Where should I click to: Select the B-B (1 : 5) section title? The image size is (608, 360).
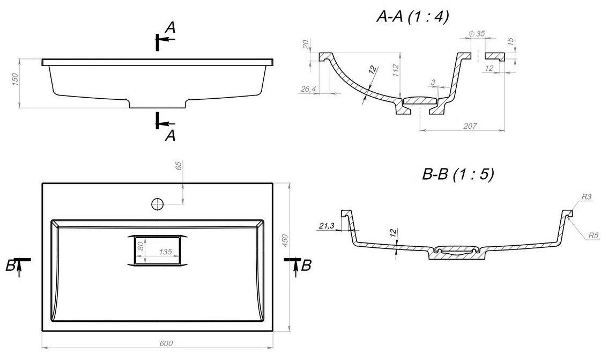(457, 174)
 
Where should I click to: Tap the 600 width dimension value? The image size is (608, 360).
(166, 343)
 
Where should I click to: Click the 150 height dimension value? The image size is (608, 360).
(15, 79)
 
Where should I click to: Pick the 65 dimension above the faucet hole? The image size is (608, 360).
(179, 166)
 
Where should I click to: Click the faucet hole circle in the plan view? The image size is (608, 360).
(157, 203)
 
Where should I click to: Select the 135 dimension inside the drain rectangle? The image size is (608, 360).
(165, 252)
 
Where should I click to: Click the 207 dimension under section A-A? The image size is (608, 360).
(470, 126)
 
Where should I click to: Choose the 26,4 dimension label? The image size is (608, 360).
(308, 90)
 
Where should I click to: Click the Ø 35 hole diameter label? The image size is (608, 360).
(477, 34)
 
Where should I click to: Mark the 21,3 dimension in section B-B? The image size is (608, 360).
(327, 226)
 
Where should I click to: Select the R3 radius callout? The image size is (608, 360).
(587, 197)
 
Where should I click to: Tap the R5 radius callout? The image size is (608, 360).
(594, 235)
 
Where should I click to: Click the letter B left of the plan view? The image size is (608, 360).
(11, 266)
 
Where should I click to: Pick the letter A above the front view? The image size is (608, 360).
(170, 27)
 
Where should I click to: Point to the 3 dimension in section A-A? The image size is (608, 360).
(433, 82)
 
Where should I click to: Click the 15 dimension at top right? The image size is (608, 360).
(510, 40)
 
